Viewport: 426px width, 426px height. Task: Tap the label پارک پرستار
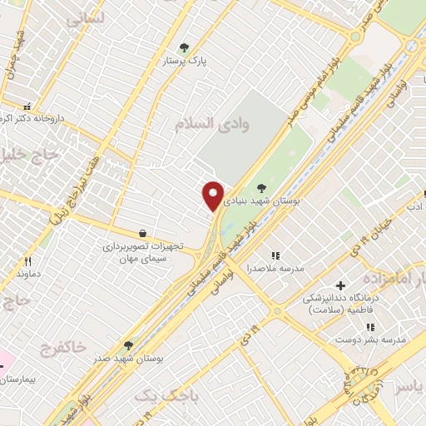207,61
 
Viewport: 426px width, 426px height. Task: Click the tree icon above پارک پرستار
184,47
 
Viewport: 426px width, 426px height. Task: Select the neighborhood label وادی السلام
212,123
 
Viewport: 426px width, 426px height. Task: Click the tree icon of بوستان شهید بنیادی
262,188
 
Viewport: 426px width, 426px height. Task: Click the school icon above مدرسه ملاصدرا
276,255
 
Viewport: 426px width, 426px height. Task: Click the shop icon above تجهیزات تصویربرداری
144,233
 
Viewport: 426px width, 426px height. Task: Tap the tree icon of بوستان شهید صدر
128,344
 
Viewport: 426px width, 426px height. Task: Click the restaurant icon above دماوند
27,261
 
